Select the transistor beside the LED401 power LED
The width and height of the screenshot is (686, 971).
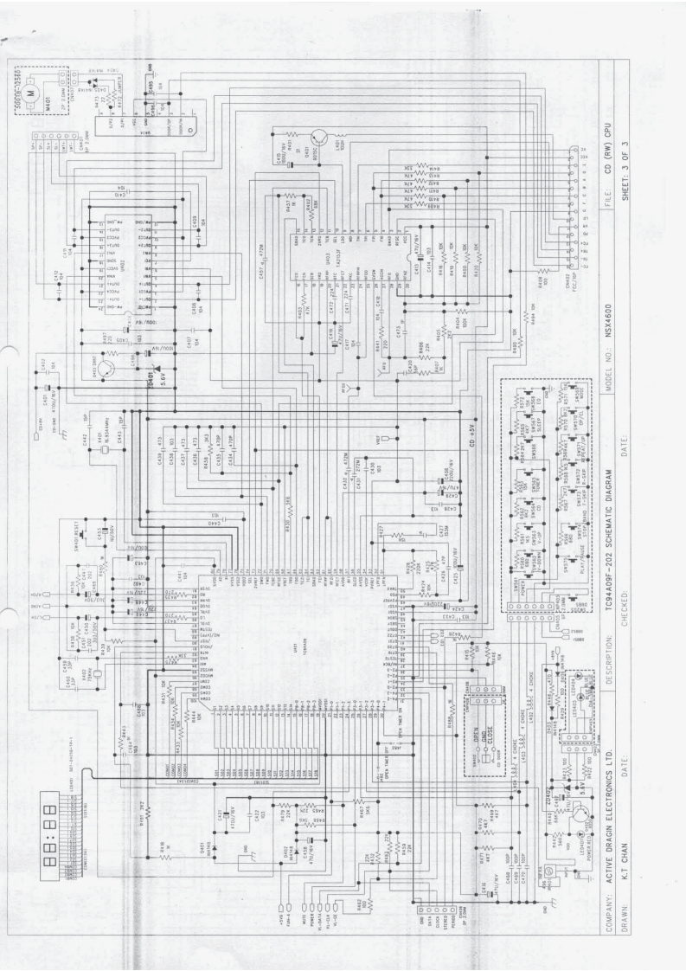tap(578, 816)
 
